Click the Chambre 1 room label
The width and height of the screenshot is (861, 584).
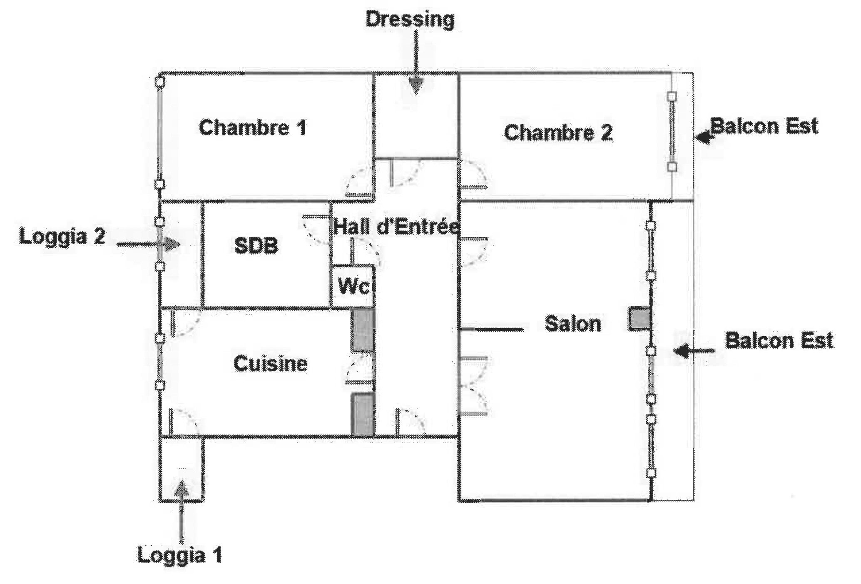[253, 127]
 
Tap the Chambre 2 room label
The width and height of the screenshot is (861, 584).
[558, 132]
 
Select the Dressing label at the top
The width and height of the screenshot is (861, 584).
[410, 20]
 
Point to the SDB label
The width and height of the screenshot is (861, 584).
[256, 246]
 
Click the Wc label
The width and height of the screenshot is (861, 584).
[353, 286]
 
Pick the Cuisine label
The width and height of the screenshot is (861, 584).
[271, 364]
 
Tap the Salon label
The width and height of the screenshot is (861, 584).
[573, 324]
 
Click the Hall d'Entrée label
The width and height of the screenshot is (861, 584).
[396, 227]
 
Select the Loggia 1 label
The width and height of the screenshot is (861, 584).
[179, 556]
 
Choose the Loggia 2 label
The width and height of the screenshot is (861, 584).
[62, 237]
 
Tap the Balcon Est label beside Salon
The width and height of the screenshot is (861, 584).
[779, 340]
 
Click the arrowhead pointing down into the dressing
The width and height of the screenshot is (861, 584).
[415, 86]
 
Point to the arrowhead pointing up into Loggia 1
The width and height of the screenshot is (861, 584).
[181, 489]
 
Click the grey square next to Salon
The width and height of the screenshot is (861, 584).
[639, 319]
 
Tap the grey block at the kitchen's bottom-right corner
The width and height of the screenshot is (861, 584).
[363, 414]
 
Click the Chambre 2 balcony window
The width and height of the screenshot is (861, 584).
[672, 132]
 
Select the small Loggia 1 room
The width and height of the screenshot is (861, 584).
[182, 469]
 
